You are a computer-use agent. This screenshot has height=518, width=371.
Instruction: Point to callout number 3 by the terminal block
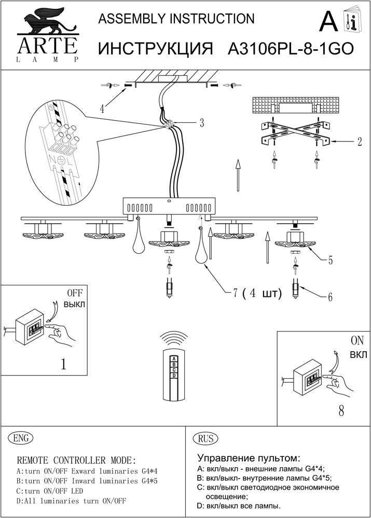click(x=202, y=123)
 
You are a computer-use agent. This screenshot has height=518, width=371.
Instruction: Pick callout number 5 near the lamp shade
click(x=330, y=260)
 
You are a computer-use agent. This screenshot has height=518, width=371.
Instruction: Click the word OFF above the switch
click(x=75, y=293)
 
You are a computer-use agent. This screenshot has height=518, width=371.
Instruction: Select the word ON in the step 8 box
click(x=357, y=341)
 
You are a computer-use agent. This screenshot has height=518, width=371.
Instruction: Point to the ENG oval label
click(x=21, y=438)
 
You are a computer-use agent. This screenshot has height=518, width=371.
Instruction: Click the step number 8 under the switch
click(x=341, y=411)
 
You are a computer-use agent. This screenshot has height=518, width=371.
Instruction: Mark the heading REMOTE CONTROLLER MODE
click(x=77, y=460)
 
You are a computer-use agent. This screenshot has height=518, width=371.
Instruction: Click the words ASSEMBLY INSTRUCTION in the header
click(x=176, y=19)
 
